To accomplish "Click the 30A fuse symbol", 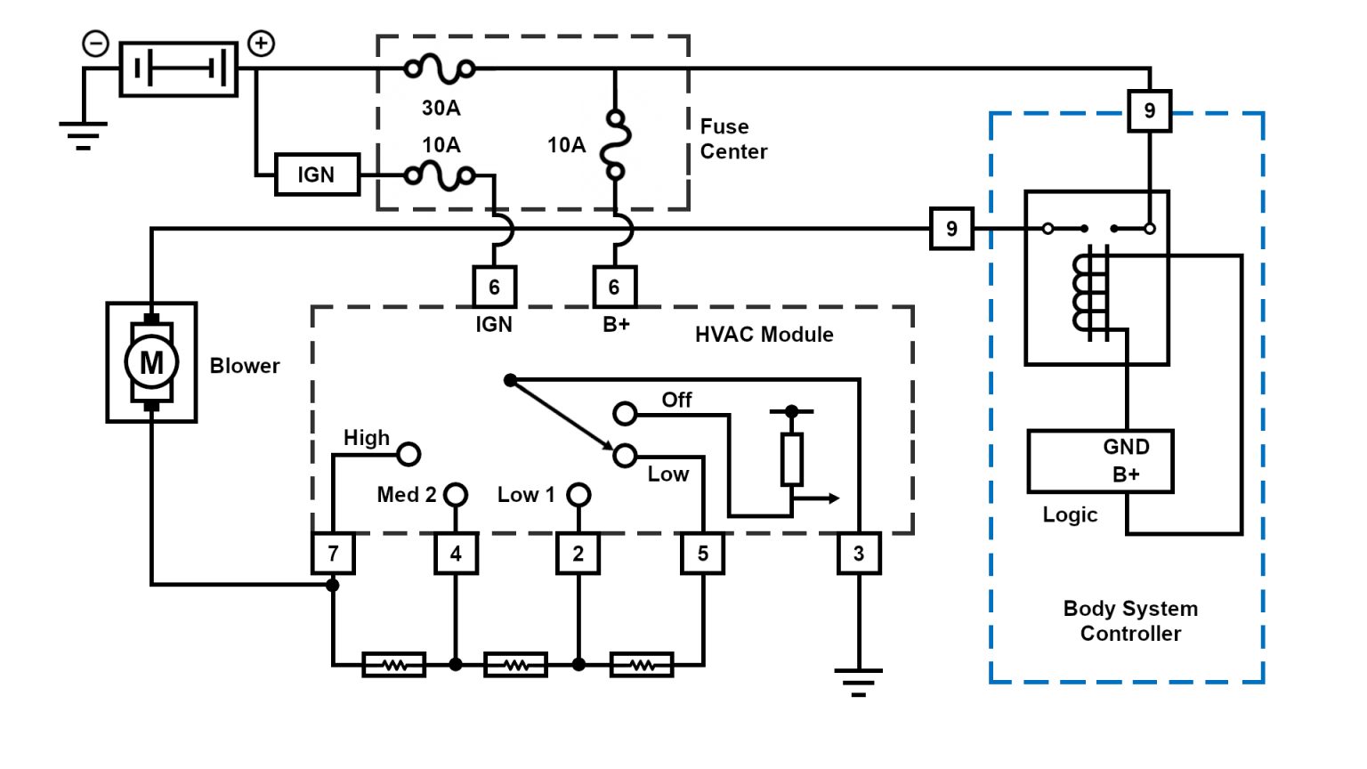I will point(440,69).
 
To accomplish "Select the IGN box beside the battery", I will point(316,174).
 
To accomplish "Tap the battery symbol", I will point(179,69).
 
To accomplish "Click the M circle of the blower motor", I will point(151,362).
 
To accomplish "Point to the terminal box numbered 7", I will point(333,554).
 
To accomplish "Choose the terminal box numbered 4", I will point(456,554).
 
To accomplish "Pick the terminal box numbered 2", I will point(578,554).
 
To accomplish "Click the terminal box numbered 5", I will point(703,554).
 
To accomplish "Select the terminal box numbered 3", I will point(859,554).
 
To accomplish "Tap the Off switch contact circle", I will point(626,413).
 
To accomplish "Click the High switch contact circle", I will point(408,454).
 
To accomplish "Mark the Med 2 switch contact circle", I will point(456,494).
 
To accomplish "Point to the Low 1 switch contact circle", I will point(578,494).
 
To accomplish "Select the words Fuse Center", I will point(733,139).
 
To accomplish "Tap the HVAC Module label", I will point(764,335).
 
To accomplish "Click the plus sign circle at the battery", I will point(261,43).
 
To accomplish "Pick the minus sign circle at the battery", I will point(95,43).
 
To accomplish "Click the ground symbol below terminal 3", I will point(859,681).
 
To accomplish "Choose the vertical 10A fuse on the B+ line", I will point(615,145).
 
